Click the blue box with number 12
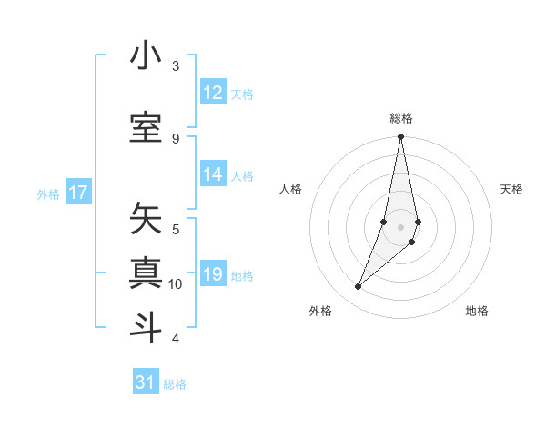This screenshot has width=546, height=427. [213, 93]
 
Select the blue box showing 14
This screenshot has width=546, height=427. [213, 175]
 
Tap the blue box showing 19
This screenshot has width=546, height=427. [213, 275]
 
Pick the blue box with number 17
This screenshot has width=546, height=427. [78, 193]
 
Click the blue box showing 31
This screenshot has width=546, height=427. [146, 382]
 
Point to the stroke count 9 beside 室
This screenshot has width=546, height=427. [176, 138]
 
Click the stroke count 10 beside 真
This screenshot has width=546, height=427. [176, 284]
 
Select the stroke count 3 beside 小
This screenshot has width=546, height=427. [176, 65]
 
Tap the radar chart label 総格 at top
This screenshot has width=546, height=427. [401, 118]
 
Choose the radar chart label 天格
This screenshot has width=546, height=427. [511, 189]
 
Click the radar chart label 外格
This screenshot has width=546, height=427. [320, 311]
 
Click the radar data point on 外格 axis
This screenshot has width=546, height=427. [358, 287]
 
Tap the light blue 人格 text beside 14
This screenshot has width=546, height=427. [242, 176]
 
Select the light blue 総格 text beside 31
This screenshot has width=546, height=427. [175, 384]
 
